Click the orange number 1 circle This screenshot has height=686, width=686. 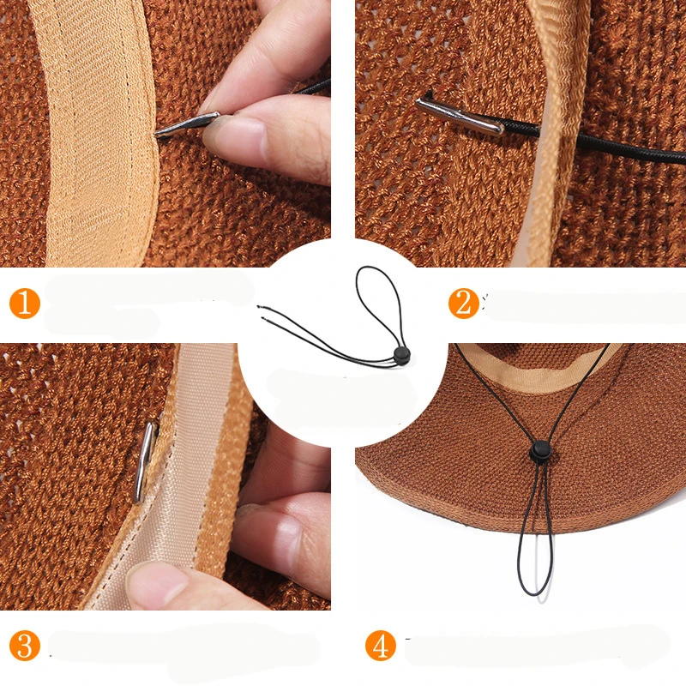pyautogui.click(x=25, y=304)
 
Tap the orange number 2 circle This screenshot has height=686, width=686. pyautogui.click(x=464, y=304)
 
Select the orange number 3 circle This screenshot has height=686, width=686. pyautogui.click(x=25, y=645)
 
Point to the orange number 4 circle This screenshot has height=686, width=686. pyautogui.click(x=381, y=645)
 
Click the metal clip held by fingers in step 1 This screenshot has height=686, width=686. pyautogui.click(x=187, y=124)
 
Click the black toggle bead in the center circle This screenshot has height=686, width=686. pyautogui.click(x=401, y=355)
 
